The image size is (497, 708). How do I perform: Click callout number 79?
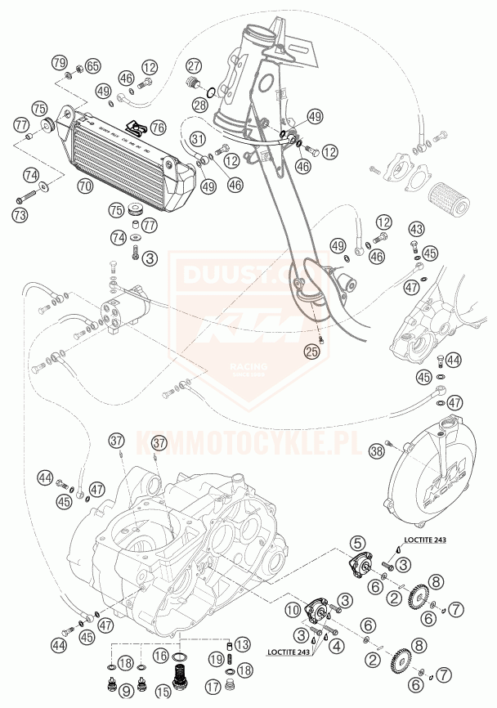pos(59,63)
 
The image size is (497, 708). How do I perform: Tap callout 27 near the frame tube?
pos(193,66)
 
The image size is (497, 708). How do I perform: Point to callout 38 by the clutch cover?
pos(377,450)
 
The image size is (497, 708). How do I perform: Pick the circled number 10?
pos(293,610)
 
